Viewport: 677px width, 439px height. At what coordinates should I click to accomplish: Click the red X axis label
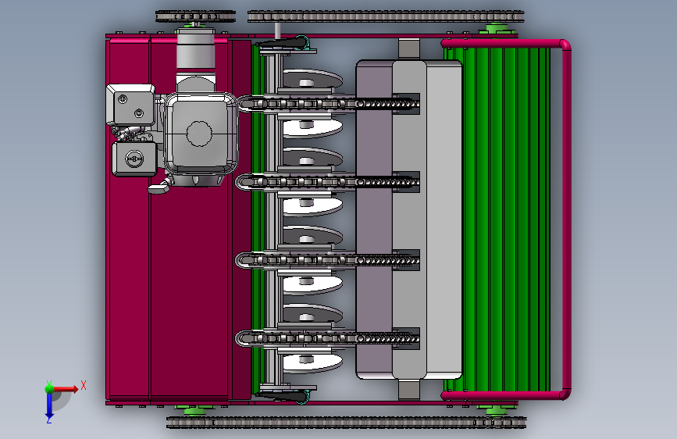(83, 384)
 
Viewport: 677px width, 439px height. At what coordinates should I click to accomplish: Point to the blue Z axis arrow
(49, 405)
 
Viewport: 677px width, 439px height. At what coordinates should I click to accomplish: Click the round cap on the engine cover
(199, 134)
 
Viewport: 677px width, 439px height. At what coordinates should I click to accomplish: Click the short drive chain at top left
(195, 16)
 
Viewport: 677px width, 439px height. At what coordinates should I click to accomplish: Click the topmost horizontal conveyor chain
(328, 102)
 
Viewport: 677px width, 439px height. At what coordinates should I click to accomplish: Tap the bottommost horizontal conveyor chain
(328, 337)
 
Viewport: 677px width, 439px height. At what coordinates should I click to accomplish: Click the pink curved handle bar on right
(566, 219)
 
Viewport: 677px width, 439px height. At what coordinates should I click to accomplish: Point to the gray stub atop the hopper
(410, 49)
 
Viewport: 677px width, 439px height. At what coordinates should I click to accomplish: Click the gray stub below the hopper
(410, 388)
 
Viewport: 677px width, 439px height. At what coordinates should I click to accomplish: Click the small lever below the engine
(160, 188)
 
